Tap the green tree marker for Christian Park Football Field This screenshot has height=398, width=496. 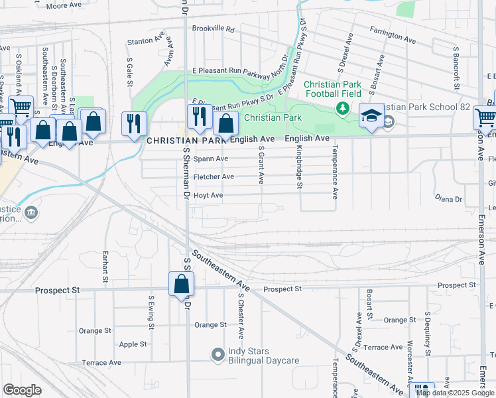click(x=342, y=107)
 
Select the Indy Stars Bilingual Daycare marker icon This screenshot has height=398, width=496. click(x=217, y=355)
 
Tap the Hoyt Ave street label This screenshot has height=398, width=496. click(x=208, y=196)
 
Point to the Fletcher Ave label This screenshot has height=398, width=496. click(x=214, y=177)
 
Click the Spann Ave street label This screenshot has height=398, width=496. click(x=211, y=159)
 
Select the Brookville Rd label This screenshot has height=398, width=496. click(x=214, y=29)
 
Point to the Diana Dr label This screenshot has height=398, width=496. click(x=448, y=199)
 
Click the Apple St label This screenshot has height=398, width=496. click(x=133, y=344)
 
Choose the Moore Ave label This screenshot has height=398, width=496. click(x=64, y=5)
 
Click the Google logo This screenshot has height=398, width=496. click(x=22, y=389)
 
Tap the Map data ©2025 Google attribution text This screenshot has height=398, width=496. click(x=455, y=393)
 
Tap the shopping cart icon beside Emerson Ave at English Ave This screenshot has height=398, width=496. click(x=484, y=118)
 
